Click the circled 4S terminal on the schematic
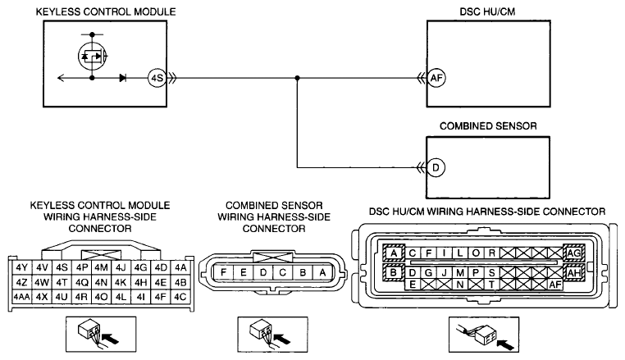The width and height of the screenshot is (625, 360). point(157,78)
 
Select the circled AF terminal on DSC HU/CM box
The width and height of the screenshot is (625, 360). point(436,78)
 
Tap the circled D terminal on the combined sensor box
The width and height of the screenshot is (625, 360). point(436,167)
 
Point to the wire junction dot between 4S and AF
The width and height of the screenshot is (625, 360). point(297,78)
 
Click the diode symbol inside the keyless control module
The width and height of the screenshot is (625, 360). point(123,78)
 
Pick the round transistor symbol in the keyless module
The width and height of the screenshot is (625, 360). point(93,57)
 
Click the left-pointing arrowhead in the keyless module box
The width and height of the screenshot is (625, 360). point(61,78)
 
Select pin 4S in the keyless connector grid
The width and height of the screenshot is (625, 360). point(62,267)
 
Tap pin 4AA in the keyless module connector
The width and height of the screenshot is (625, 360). point(22,297)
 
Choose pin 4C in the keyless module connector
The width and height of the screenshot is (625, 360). point(180,297)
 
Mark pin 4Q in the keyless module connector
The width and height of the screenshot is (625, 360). point(81,282)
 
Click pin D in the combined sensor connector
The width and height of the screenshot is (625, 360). point(263,273)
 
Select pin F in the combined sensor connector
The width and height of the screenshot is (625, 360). point(224,273)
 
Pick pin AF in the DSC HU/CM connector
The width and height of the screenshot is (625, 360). point(555,285)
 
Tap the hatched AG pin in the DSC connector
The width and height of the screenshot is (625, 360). point(573,253)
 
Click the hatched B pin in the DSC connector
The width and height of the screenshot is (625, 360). point(394,273)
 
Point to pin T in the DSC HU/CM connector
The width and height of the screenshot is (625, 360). point(491,285)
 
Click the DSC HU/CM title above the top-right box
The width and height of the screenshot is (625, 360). point(487,11)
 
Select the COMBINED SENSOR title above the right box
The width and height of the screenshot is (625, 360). point(488,126)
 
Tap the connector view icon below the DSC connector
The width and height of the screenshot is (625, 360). point(484,335)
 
